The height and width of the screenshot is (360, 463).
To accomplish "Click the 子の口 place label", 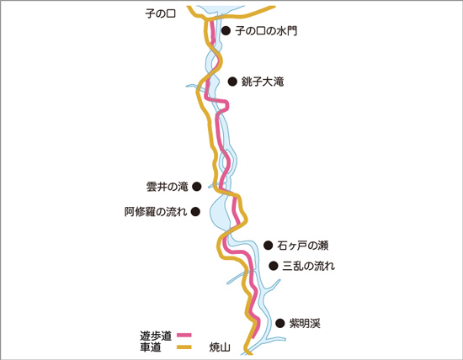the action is click(160, 13).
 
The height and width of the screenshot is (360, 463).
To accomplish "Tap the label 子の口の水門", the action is click(266, 30).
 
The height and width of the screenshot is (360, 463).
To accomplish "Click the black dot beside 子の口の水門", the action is click(226, 30).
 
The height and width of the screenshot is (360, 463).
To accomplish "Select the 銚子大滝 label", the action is click(263, 82).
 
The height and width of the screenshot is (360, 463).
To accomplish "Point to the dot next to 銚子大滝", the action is click(232, 82).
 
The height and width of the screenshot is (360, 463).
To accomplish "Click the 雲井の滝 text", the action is click(168, 187).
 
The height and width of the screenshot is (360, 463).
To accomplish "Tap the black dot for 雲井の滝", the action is click(197, 186).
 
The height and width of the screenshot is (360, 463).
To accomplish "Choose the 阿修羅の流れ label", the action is click(156, 212).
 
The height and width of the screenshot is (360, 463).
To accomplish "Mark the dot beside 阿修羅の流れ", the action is click(195, 212).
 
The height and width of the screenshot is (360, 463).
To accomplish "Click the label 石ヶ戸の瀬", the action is click(303, 246).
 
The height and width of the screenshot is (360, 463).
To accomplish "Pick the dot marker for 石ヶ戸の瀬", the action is click(268, 245).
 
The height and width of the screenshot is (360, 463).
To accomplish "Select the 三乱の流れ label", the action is click(309, 266).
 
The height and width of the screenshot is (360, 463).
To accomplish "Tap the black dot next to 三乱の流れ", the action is click(274, 266).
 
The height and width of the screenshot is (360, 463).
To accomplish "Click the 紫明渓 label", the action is click(305, 323).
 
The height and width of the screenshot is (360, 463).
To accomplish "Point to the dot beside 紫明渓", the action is click(280, 323).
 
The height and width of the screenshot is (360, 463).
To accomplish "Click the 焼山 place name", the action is click(220, 347).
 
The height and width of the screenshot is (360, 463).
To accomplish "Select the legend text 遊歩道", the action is click(156, 336).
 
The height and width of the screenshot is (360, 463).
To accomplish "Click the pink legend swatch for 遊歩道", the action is click(184, 336).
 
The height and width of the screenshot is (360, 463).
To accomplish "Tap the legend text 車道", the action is click(151, 347).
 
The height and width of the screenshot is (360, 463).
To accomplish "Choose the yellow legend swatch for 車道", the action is click(184, 347).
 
